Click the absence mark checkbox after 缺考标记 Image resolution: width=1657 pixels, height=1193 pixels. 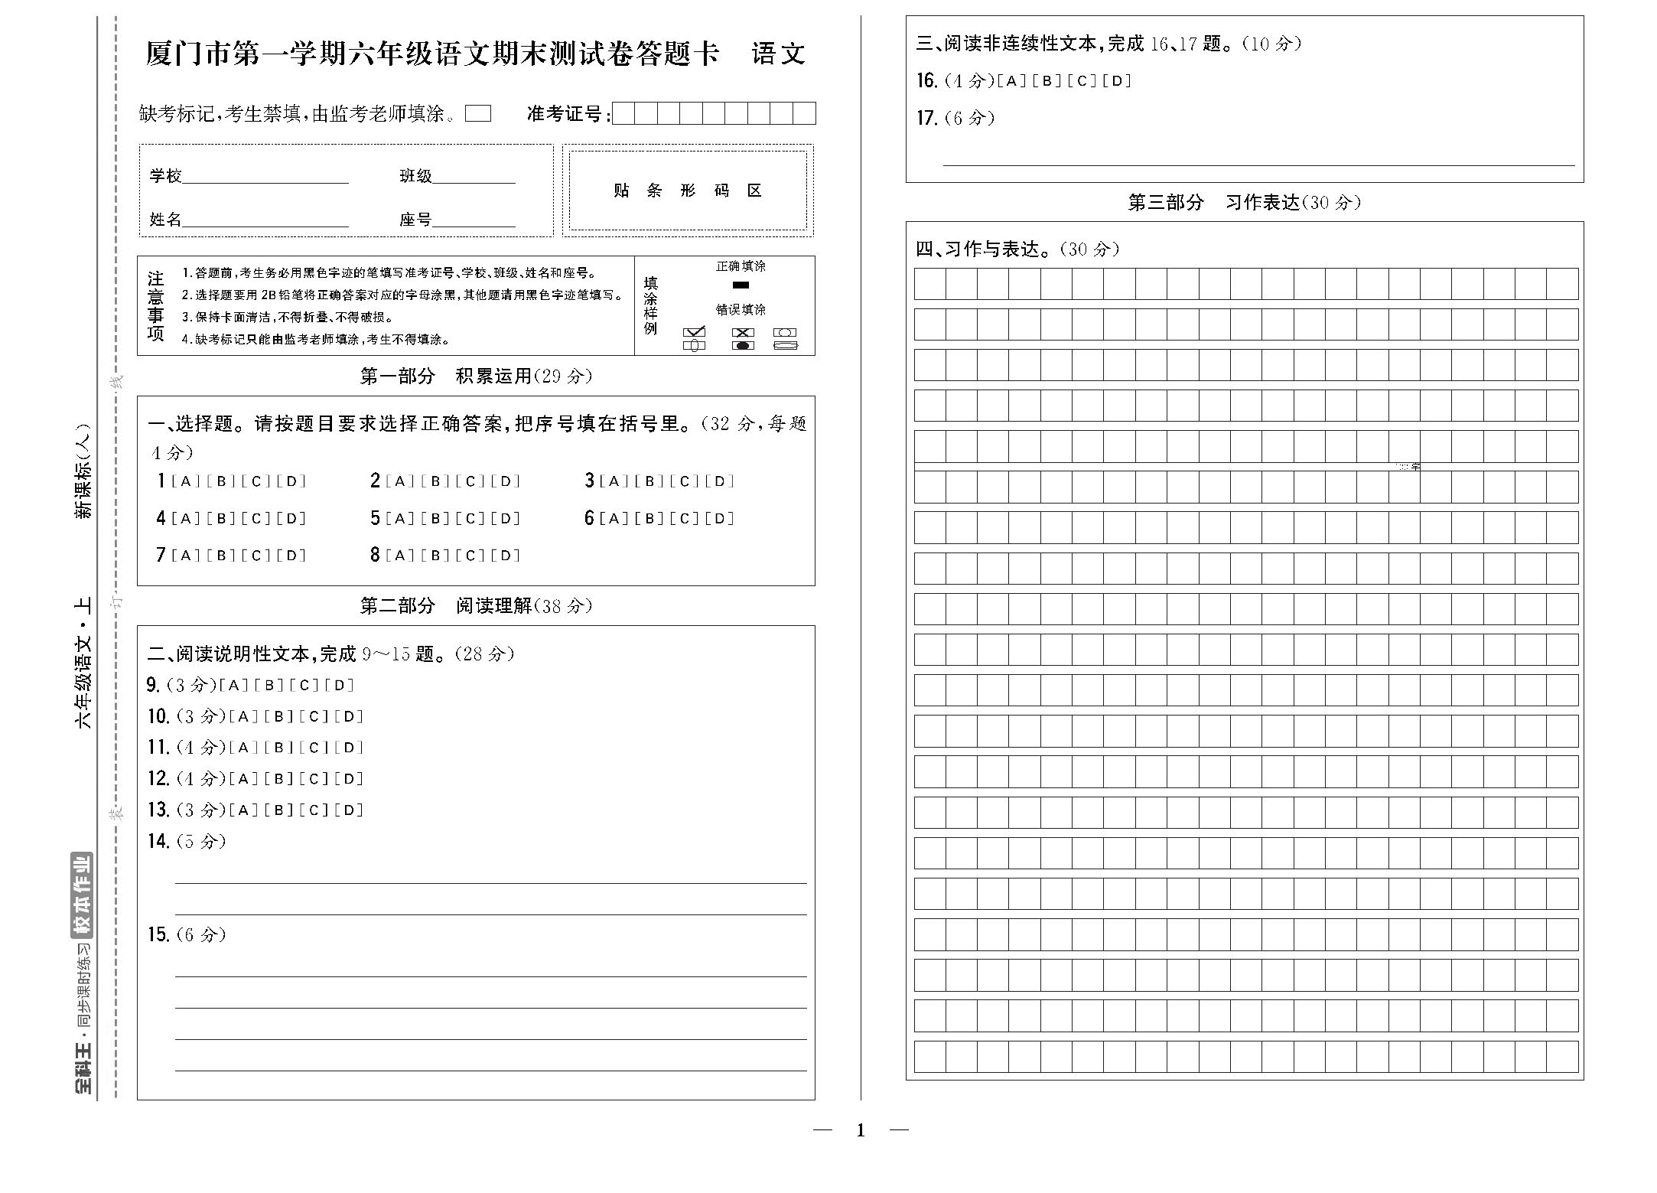[x=478, y=114]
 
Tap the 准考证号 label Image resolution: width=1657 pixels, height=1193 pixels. [x=568, y=114]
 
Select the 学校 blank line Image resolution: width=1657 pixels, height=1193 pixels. [x=265, y=182]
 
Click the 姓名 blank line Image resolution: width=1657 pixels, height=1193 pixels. [x=265, y=226]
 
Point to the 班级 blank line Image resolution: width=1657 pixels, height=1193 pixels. [x=474, y=182]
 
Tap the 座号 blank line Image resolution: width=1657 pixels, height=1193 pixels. [x=474, y=226]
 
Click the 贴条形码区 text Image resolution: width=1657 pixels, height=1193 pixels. [x=688, y=191]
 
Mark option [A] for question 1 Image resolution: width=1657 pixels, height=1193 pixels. [x=185, y=481]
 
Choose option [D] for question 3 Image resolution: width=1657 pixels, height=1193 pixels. [x=719, y=481]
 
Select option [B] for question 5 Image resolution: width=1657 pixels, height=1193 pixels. [x=435, y=519]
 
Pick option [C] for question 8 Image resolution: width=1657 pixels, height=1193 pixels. [x=470, y=556]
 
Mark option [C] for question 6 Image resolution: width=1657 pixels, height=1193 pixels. [x=684, y=519]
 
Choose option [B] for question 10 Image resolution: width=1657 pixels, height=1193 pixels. [x=278, y=717]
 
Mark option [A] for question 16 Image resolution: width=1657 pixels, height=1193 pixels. [x=1011, y=81]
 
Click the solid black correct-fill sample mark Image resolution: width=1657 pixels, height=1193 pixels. [x=741, y=285]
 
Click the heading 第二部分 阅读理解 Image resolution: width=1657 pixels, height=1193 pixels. [x=476, y=606]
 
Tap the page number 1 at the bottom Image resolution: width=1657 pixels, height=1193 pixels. [x=861, y=1130]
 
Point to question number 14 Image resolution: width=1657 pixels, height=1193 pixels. [x=158, y=842]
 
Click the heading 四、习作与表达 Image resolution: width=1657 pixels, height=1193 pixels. [x=1017, y=249]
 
